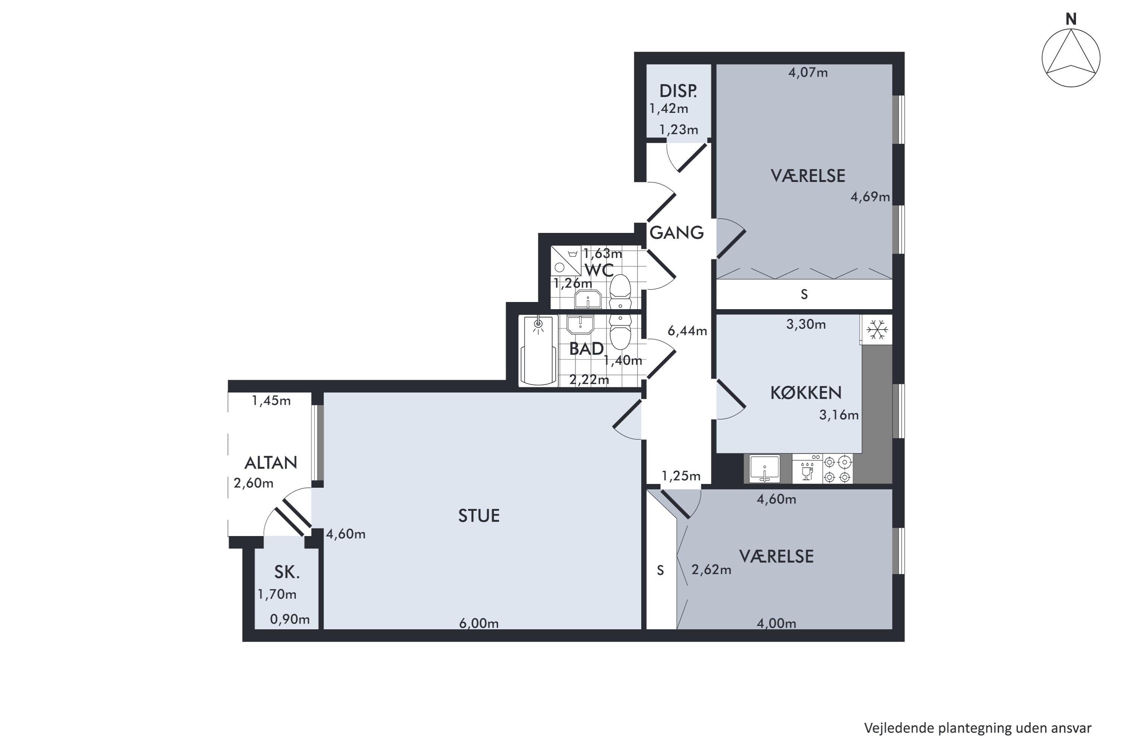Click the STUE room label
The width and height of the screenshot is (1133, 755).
point(479,516)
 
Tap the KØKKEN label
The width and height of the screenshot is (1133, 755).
point(806,393)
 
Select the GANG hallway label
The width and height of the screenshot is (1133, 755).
point(676,233)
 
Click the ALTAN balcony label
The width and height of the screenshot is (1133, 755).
point(271,463)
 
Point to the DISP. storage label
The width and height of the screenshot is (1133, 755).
point(678,91)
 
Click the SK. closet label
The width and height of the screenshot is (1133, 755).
point(287,572)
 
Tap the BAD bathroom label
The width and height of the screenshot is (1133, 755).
point(586,348)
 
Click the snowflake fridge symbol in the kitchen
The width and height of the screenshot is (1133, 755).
point(877,330)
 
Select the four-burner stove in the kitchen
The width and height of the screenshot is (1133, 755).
point(837,469)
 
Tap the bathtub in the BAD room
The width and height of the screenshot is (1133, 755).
point(539,351)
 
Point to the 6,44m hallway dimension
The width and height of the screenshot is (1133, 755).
point(687,331)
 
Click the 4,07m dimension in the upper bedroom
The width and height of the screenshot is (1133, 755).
point(808,73)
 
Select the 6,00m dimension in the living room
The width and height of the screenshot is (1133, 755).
point(479,624)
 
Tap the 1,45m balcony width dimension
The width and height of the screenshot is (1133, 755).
point(271,401)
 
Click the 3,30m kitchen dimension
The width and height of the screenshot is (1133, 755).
point(806,325)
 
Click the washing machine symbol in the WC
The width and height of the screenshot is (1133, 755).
point(566,261)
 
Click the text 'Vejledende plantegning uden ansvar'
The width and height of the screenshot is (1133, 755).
point(978,728)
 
